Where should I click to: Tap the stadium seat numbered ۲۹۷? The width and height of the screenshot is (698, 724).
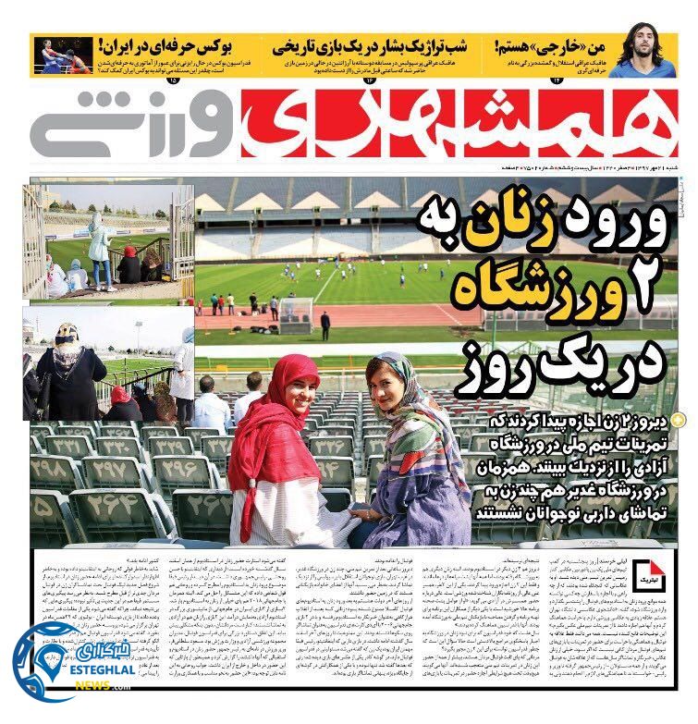[111, 472]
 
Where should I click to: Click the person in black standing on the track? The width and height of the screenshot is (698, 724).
[325, 325]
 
